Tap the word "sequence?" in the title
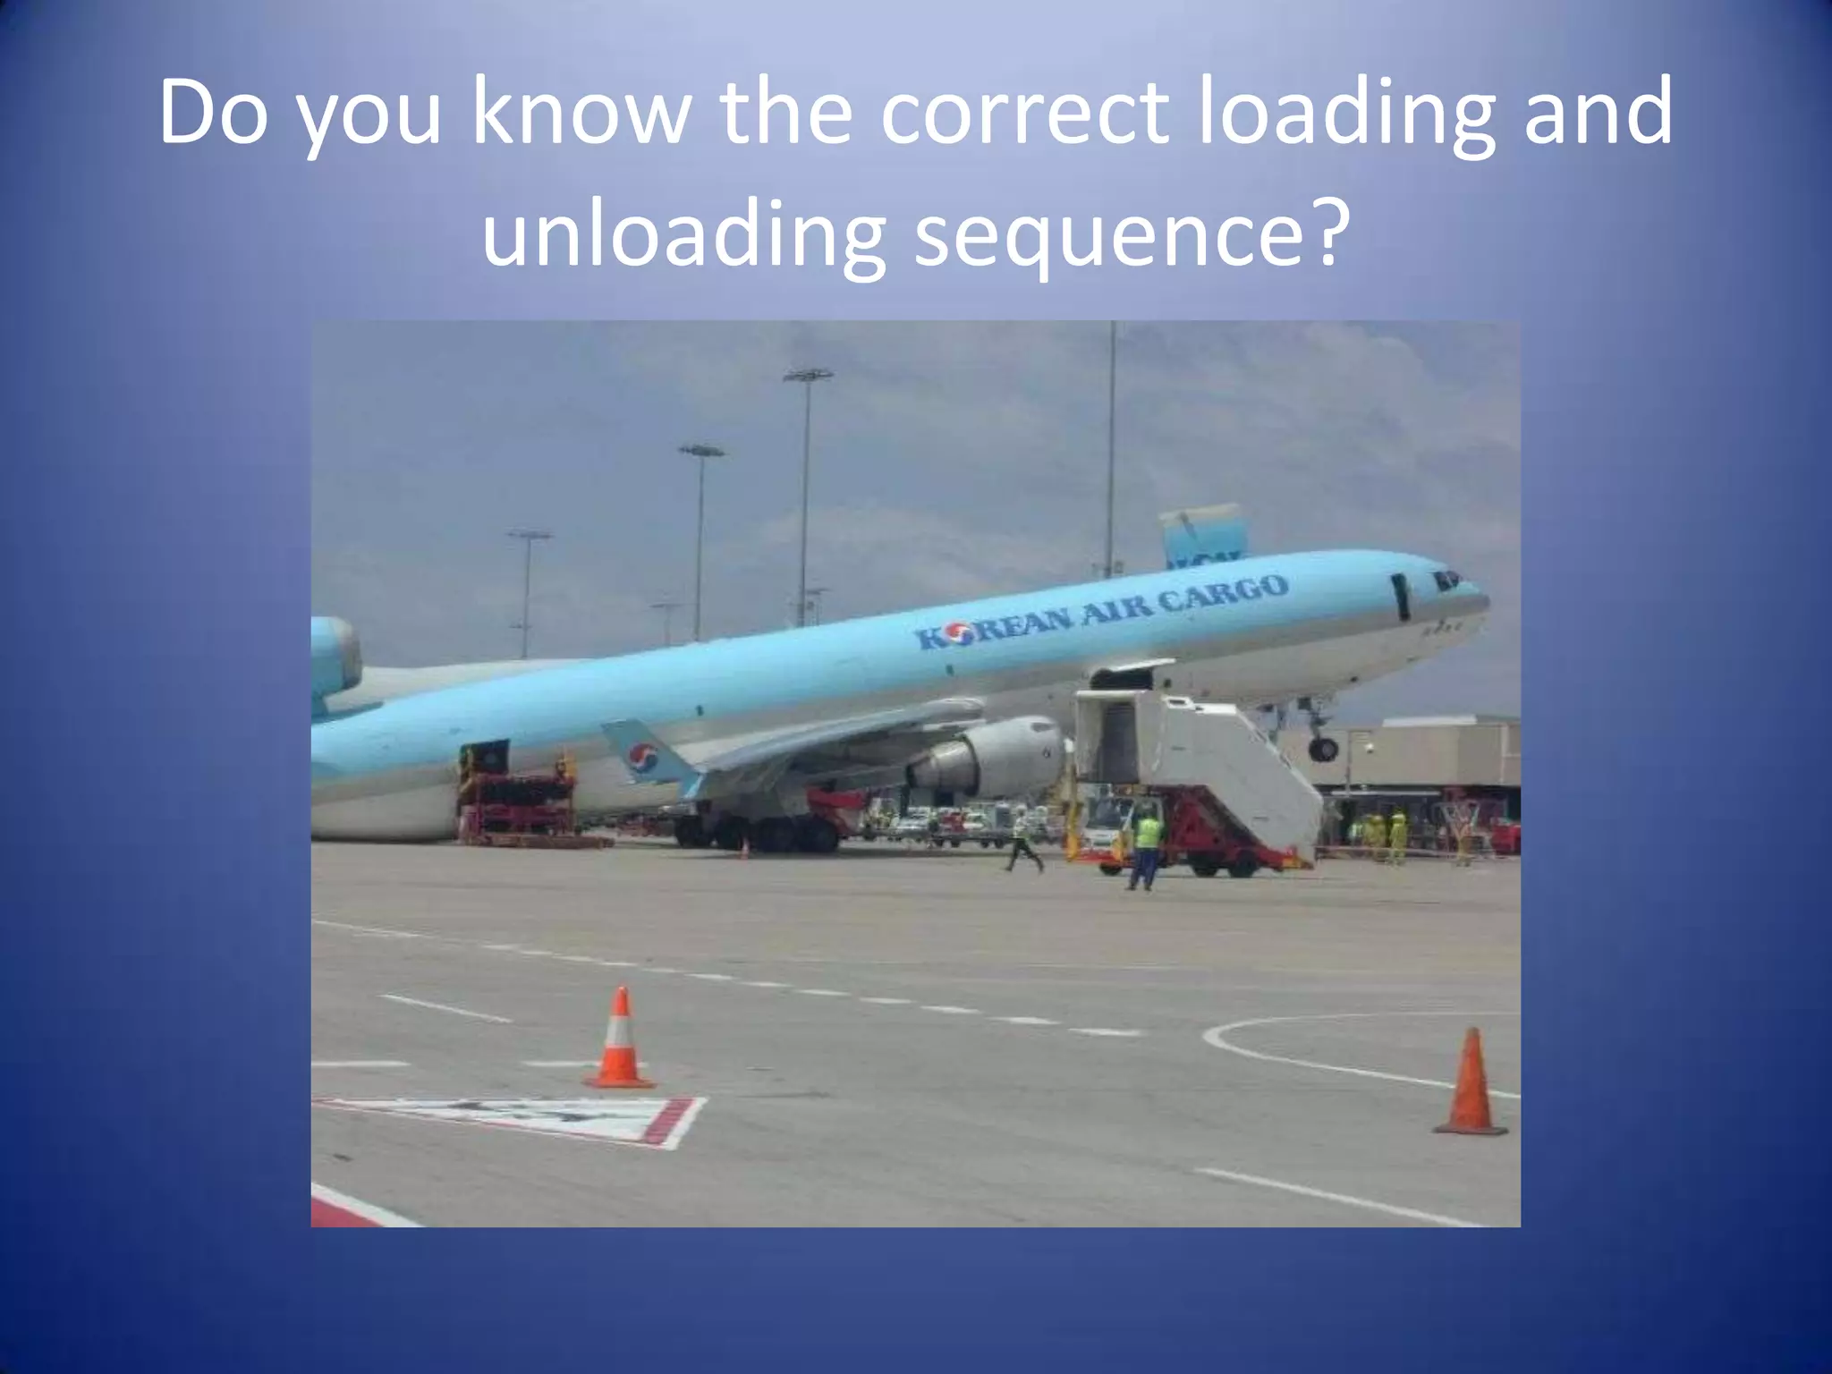[1129, 235]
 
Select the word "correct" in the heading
[1024, 114]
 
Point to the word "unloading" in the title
[684, 235]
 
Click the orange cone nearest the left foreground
[619, 1039]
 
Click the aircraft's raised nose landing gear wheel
[1323, 749]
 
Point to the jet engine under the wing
[993, 757]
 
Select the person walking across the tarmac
[1022, 840]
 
